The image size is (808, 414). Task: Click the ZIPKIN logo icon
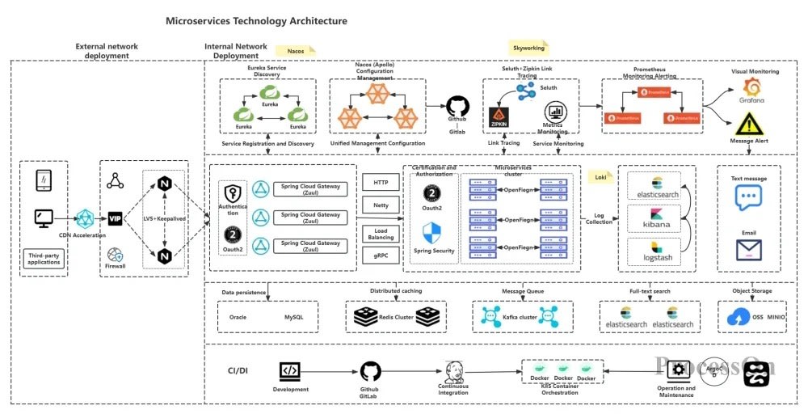click(499, 118)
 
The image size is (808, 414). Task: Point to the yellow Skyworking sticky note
click(530, 49)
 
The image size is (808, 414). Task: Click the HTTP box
click(381, 182)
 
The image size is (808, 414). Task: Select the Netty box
click(381, 206)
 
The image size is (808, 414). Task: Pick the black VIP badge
click(115, 218)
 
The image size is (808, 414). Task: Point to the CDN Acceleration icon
click(85, 218)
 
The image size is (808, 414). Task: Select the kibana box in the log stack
click(655, 218)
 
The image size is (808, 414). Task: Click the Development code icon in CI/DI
click(290, 370)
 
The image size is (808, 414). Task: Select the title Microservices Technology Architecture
click(256, 21)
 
